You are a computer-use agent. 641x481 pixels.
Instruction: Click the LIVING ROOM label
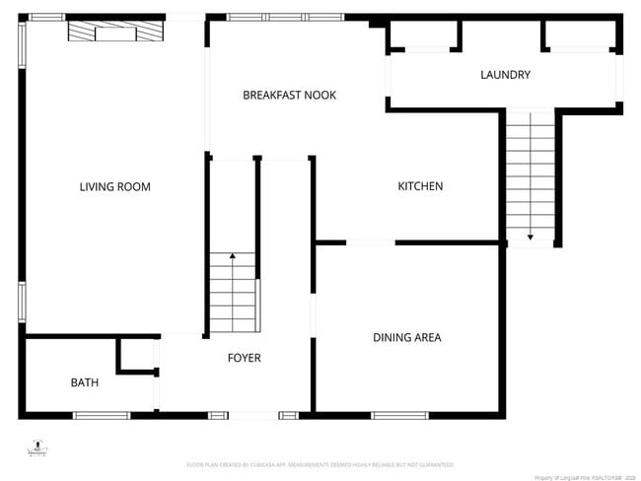click(x=114, y=186)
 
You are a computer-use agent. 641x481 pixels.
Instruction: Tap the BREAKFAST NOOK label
click(x=289, y=96)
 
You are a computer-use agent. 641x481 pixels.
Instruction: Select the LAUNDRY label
click(x=505, y=75)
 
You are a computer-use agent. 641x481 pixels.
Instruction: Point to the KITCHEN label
click(x=420, y=186)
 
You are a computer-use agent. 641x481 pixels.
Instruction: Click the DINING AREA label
click(x=406, y=338)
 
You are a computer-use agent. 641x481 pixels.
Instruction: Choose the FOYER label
click(x=244, y=358)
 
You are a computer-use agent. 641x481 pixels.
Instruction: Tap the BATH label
click(x=84, y=382)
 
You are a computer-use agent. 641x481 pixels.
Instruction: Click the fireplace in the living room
click(x=115, y=33)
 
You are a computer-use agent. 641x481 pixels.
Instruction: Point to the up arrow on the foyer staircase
click(x=233, y=256)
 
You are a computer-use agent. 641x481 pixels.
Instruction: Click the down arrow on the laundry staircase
click(x=531, y=237)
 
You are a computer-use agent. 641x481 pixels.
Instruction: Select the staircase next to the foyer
click(x=234, y=293)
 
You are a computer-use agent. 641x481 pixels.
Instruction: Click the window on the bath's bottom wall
click(x=102, y=415)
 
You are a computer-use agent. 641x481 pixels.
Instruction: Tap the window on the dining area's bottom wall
click(x=399, y=415)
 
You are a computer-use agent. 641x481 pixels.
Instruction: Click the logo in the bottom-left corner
click(x=36, y=448)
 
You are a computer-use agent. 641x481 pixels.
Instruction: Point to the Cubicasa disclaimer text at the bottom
click(x=320, y=463)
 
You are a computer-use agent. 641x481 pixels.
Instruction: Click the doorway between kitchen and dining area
click(x=370, y=242)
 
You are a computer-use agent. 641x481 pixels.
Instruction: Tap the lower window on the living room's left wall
click(x=21, y=302)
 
